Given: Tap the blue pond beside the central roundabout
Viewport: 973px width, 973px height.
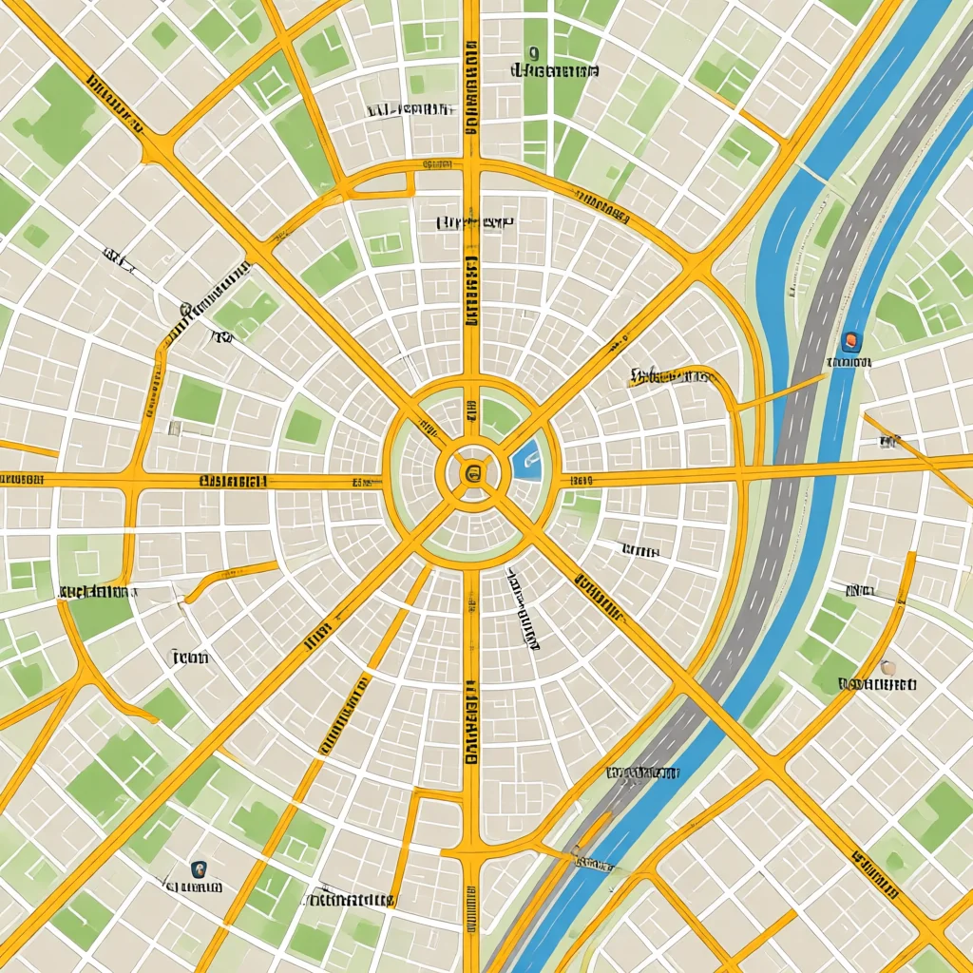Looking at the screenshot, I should pyautogui.click(x=527, y=460).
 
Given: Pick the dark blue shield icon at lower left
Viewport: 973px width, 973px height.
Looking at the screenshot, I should pyautogui.click(x=198, y=868).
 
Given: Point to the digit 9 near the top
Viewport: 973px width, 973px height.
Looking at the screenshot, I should pyautogui.click(x=533, y=53).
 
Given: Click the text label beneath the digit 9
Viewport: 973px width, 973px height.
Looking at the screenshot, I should pyautogui.click(x=555, y=71).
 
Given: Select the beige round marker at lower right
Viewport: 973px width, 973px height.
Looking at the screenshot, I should pyautogui.click(x=887, y=667).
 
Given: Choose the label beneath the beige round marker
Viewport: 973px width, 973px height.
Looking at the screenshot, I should pyautogui.click(x=878, y=684).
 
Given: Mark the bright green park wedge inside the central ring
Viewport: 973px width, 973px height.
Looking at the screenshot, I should pyautogui.click(x=498, y=416).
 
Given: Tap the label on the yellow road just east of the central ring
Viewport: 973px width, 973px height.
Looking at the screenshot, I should pyautogui.click(x=582, y=481).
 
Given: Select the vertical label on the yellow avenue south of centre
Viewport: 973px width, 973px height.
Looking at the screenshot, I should pyautogui.click(x=471, y=722).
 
